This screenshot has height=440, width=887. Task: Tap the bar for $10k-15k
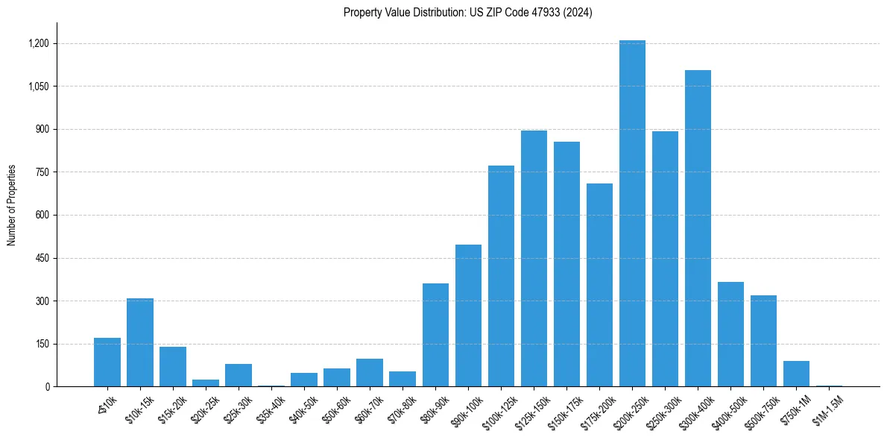point(140,342)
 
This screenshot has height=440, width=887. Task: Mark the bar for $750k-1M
point(796,374)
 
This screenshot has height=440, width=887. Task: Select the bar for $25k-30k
point(239,375)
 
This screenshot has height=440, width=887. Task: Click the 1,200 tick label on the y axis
point(38,43)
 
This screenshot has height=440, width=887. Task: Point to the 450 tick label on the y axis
point(42,258)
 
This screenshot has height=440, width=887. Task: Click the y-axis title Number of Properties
point(11,204)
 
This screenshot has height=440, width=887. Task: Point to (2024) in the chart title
point(579,13)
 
